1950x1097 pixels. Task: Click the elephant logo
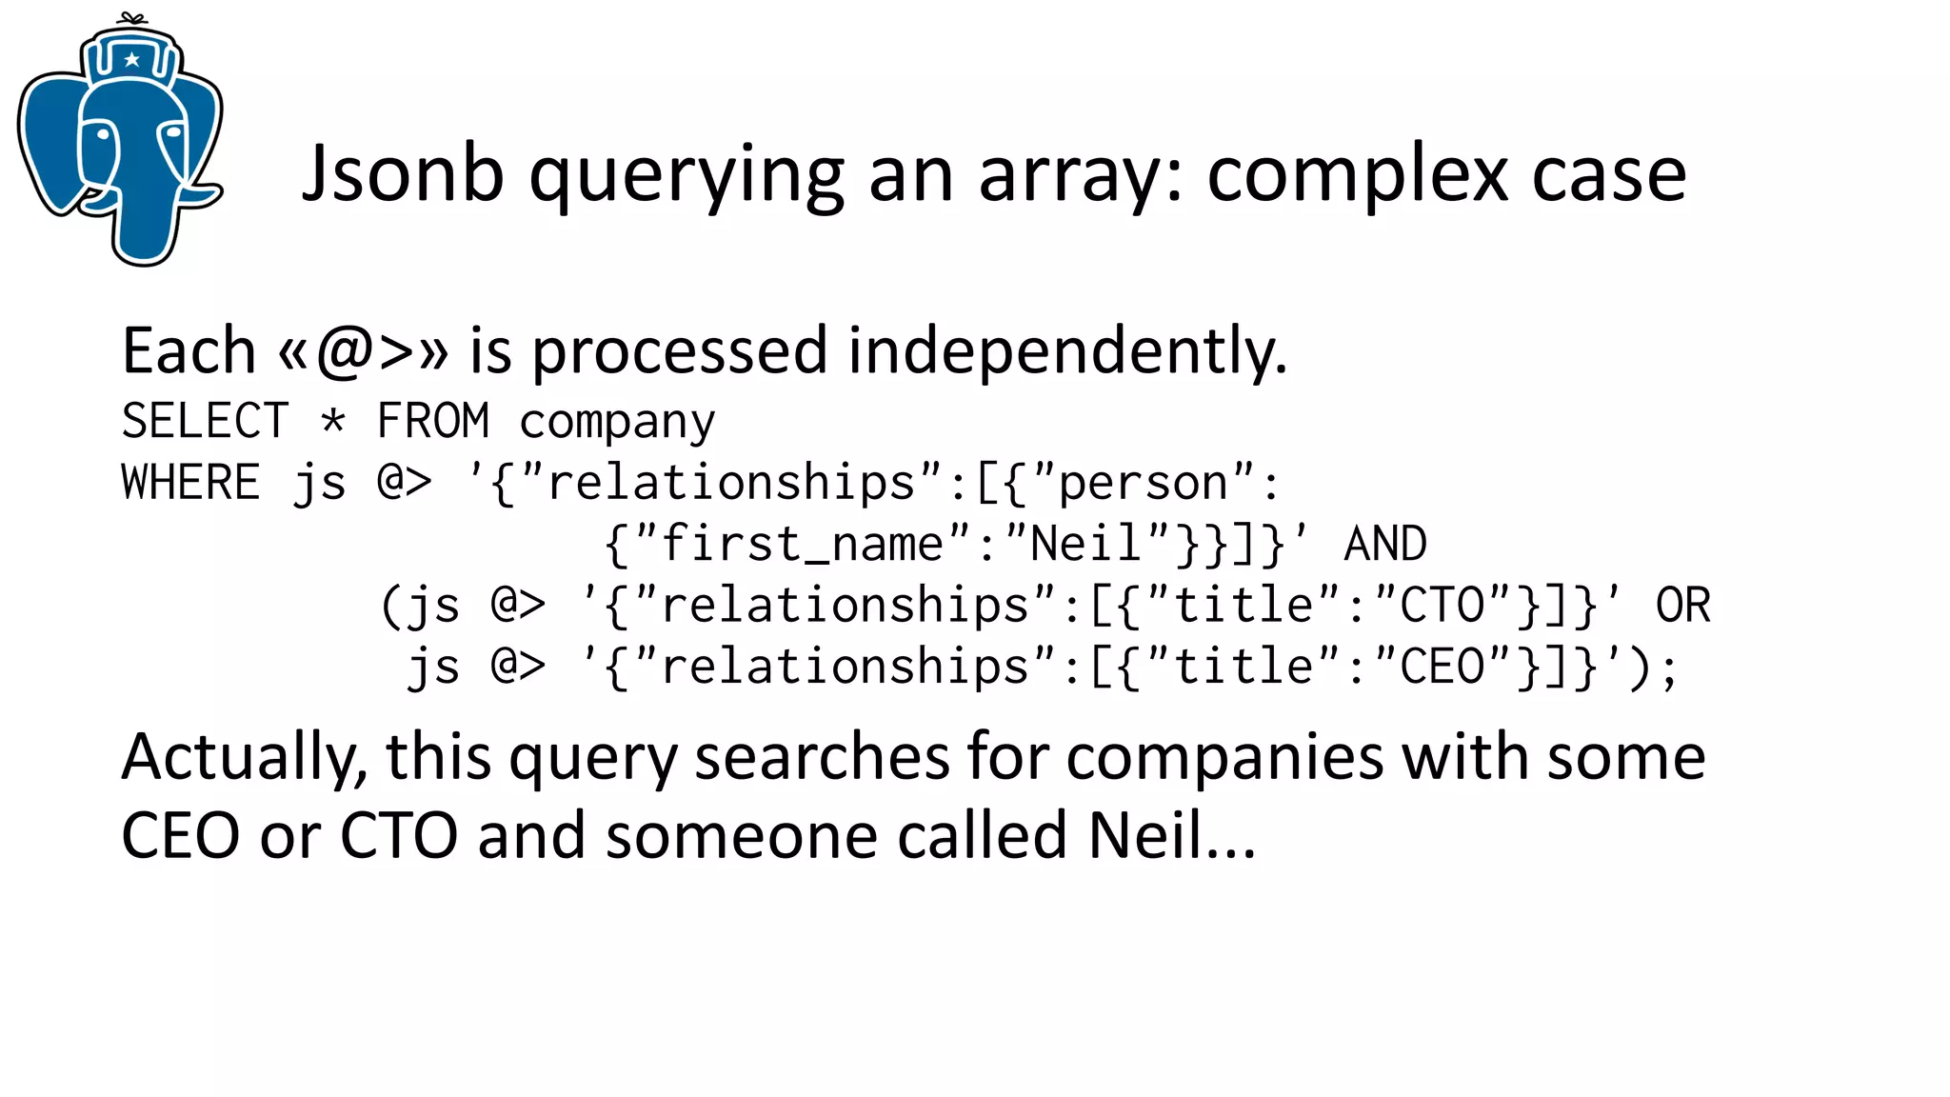pyautogui.click(x=121, y=143)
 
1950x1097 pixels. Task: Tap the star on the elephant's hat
pyautogui.click(x=132, y=60)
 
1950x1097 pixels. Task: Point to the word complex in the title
pyautogui.click(x=1358, y=176)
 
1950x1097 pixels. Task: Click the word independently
pyautogui.click(x=1066, y=350)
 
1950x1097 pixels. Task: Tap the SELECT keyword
pyautogui.click(x=205, y=421)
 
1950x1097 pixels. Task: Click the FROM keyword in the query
pyautogui.click(x=433, y=421)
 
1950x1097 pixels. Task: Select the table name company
pyautogui.click(x=617, y=423)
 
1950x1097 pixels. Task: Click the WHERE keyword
pyautogui.click(x=190, y=482)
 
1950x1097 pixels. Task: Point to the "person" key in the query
pyautogui.click(x=1143, y=484)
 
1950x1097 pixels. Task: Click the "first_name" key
pyautogui.click(x=802, y=545)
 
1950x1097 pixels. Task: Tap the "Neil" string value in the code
pyautogui.click(x=1085, y=544)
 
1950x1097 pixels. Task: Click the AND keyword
pyautogui.click(x=1385, y=545)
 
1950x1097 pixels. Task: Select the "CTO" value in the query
pyautogui.click(x=1443, y=606)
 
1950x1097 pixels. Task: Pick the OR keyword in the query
pyautogui.click(x=1682, y=606)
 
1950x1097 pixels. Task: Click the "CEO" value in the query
pyautogui.click(x=1443, y=667)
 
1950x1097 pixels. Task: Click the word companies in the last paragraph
pyautogui.click(x=1224, y=758)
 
